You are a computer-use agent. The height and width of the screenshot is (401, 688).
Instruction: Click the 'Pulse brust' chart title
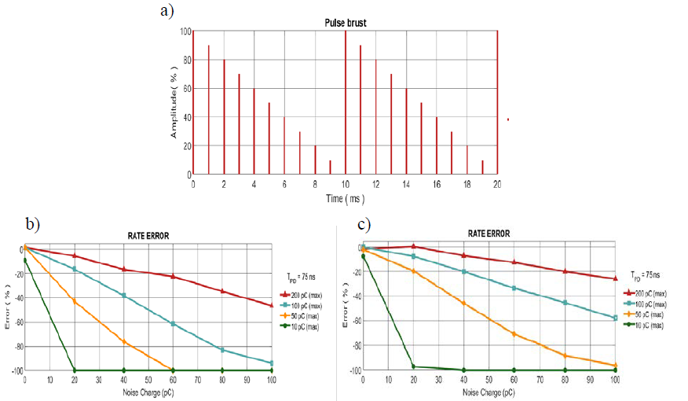click(x=346, y=24)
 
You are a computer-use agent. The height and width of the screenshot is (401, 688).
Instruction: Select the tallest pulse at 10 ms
click(x=346, y=102)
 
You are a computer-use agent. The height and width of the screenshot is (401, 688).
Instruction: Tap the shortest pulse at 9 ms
click(x=330, y=167)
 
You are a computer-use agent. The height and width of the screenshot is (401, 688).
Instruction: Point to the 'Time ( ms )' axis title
click(x=346, y=200)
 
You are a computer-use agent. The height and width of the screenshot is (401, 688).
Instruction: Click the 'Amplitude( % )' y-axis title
click(x=174, y=102)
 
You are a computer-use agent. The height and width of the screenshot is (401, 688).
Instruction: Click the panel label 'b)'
click(x=32, y=223)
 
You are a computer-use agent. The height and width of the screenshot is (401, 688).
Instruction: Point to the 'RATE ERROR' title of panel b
click(x=148, y=234)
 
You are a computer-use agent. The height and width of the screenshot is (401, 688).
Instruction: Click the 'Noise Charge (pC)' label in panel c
click(x=489, y=390)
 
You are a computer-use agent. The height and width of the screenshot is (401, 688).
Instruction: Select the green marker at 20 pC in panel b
click(x=75, y=370)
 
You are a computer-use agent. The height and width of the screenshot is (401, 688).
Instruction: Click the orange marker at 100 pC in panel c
click(x=615, y=366)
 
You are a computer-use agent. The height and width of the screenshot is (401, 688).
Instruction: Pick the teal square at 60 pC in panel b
click(x=174, y=324)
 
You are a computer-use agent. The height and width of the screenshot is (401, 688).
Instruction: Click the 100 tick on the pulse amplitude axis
click(x=185, y=31)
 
